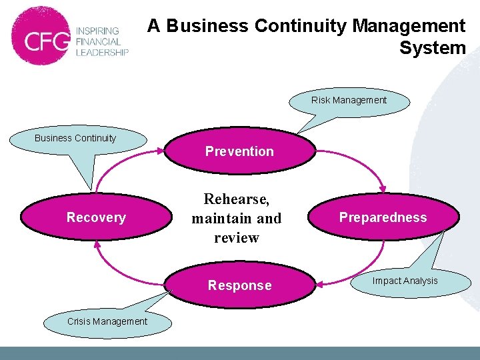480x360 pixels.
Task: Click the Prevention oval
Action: click(239, 151)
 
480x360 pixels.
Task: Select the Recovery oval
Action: click(96, 217)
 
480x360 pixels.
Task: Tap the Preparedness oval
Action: click(383, 217)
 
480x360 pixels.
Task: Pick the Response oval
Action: click(239, 285)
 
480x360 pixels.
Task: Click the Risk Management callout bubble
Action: click(349, 101)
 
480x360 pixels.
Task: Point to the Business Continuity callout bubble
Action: click(75, 139)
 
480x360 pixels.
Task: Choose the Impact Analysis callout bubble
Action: click(405, 281)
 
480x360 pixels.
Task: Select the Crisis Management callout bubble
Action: click(107, 321)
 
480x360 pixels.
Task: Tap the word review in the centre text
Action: click(236, 238)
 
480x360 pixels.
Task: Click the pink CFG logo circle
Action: click(41, 37)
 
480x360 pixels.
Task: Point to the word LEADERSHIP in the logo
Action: click(101, 53)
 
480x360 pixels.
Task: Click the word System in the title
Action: click(433, 48)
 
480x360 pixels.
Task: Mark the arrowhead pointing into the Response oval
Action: click(319, 284)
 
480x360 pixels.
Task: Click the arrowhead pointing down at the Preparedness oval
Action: click(383, 191)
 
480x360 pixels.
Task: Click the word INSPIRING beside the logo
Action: click(97, 31)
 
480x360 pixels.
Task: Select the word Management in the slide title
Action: click(409, 26)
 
